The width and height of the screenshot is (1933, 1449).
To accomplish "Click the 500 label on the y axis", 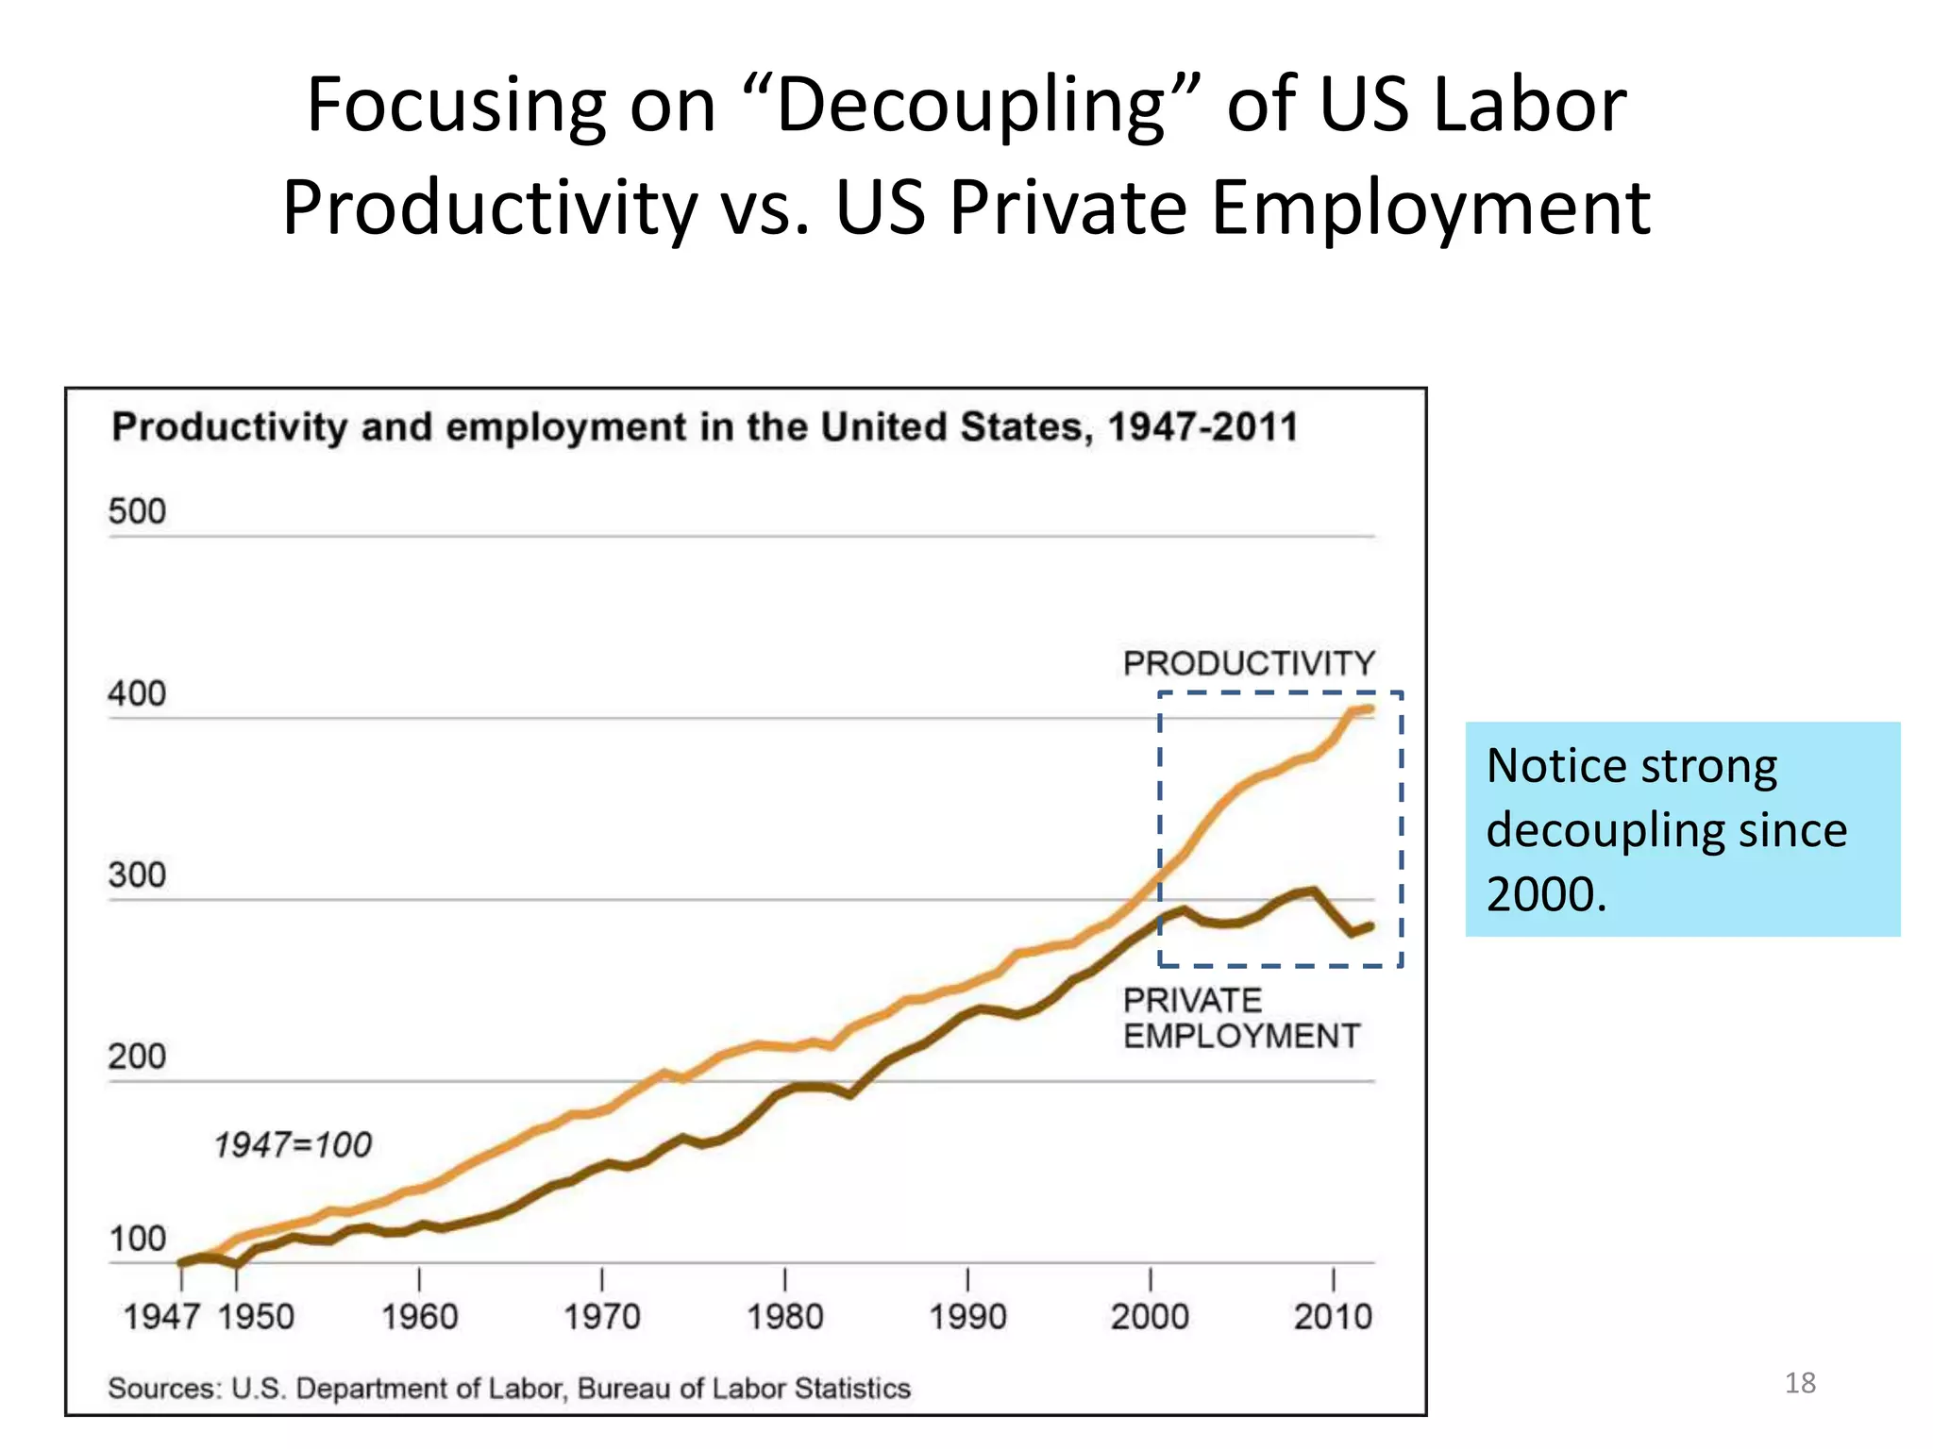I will coord(137,512).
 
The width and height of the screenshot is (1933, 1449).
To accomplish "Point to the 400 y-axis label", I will coord(137,694).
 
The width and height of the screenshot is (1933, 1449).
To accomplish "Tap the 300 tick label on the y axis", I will coord(137,875).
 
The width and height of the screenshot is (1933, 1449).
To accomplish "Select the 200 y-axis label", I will coord(137,1058).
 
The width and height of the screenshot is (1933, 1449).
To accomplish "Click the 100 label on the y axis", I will coord(138,1239).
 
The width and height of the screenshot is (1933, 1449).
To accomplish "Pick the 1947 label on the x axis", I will coord(161,1317).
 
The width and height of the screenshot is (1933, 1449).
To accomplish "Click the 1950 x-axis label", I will coord(256,1317).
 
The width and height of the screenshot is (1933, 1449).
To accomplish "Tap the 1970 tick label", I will coord(601,1317).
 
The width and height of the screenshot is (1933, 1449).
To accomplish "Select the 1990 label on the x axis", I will coord(967,1317).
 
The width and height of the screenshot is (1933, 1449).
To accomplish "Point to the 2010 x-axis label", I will coord(1332,1317).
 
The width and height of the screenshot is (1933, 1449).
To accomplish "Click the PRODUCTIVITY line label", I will coord(1249,664).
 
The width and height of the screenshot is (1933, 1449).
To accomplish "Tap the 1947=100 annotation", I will coord(293,1145).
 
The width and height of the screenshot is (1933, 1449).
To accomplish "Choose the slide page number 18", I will coord(1800,1383).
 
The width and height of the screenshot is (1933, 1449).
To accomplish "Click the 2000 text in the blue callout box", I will coord(1544,894).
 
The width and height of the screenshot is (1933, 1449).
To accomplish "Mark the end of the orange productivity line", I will coord(1370,708).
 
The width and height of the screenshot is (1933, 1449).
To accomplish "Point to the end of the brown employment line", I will coord(1370,925).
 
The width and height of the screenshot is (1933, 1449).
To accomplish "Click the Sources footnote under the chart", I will coord(509,1389).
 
